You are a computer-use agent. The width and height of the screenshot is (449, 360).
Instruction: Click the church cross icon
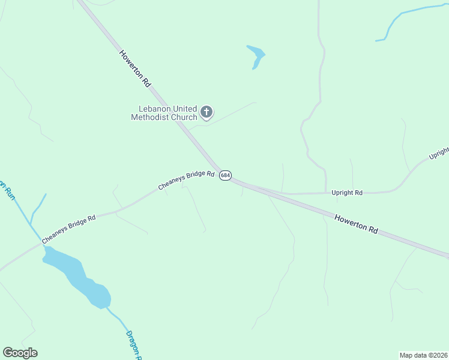pos(206,112)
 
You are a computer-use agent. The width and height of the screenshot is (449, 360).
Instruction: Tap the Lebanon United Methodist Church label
pos(164,113)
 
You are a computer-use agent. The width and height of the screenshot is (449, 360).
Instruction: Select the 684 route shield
pos(224,175)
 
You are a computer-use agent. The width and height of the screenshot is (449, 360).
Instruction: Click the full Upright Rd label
pos(347,193)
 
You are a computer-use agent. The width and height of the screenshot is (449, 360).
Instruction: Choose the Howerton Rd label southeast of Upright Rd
pos(356,224)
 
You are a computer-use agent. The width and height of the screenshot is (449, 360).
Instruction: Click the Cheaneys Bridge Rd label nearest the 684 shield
pos(186,180)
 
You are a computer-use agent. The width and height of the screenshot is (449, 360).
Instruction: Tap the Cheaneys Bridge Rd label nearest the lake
pos(68,229)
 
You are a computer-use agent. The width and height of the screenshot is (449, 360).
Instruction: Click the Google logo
pos(20,353)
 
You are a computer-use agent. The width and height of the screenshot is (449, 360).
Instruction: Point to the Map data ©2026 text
pos(423,355)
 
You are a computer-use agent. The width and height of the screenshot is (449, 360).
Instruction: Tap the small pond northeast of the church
pos(256,56)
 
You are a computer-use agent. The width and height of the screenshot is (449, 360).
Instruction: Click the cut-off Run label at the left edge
pos(7,191)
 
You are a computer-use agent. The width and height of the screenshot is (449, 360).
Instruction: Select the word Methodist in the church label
pos(148,117)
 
